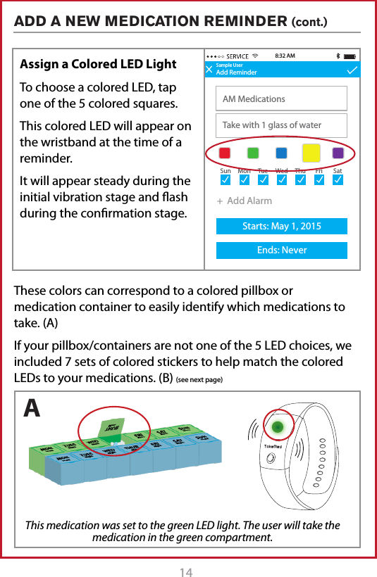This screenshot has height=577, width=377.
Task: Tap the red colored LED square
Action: tap(224, 153)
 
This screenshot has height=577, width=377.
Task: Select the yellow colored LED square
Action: tap(311, 153)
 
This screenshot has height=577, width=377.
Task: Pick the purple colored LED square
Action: tap(338, 153)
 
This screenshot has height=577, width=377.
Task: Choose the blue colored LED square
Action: tap(281, 153)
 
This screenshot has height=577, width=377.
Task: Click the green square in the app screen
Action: tap(252, 153)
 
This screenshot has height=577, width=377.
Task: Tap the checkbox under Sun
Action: tap(225, 181)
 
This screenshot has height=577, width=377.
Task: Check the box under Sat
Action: tap(338, 181)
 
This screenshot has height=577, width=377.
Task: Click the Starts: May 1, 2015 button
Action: tap(281, 226)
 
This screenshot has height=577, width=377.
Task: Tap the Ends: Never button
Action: tap(281, 251)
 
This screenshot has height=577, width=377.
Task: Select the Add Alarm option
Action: tap(245, 201)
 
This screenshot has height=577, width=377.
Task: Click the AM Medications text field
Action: tap(281, 99)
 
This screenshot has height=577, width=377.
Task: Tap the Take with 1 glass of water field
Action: tap(281, 125)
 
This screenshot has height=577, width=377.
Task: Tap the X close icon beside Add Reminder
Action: tap(209, 70)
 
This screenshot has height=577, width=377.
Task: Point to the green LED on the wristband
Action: tap(278, 426)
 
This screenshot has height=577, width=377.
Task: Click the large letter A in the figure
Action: tap(32, 408)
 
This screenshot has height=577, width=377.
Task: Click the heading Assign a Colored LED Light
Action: tap(98, 64)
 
